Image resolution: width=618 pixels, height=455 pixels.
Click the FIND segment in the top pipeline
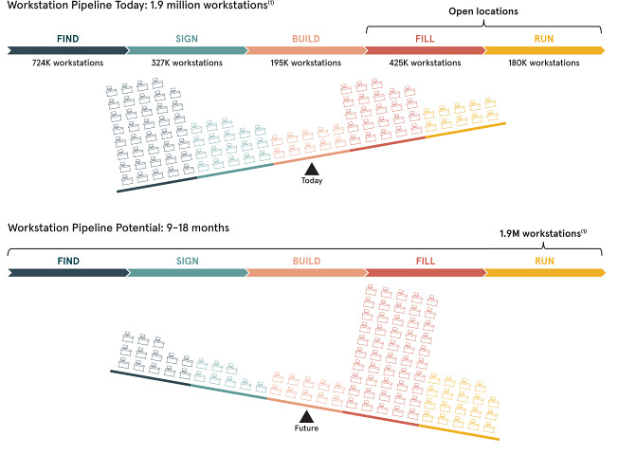click(x=67, y=49)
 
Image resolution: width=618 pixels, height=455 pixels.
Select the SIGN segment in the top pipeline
click(x=186, y=49)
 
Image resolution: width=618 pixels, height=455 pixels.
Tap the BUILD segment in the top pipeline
click(x=305, y=49)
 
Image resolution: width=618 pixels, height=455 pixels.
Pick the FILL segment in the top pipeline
click(x=425, y=49)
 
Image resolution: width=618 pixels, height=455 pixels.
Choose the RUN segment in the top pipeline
click(x=543, y=49)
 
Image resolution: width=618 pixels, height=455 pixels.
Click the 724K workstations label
click(x=67, y=64)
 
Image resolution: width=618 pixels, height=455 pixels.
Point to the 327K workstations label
click(x=186, y=64)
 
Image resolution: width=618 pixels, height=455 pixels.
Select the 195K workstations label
click(x=305, y=64)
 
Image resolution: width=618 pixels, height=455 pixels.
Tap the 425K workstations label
click(x=425, y=64)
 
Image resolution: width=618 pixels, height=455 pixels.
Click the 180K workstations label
click(x=543, y=64)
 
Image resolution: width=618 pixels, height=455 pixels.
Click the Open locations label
click(x=483, y=12)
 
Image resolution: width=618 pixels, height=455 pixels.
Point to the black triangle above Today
click(x=311, y=169)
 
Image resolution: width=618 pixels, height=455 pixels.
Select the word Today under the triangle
click(x=311, y=181)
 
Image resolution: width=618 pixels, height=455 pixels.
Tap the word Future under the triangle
click(x=305, y=429)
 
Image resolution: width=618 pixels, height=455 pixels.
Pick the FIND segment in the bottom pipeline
click(x=67, y=272)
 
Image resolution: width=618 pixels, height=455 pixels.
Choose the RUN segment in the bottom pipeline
click(x=543, y=272)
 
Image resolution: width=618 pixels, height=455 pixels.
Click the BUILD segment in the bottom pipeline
click(x=305, y=272)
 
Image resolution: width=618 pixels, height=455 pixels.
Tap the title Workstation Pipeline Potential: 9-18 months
click(x=118, y=228)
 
